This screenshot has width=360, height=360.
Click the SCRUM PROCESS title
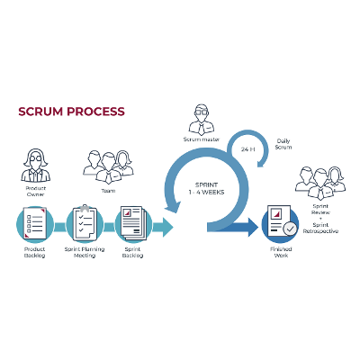(x=71, y=112)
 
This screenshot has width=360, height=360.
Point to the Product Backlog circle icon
(x=35, y=222)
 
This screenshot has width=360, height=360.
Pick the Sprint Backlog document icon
(x=134, y=222)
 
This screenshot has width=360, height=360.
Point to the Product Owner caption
(x=35, y=193)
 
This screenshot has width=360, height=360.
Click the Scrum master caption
(x=201, y=139)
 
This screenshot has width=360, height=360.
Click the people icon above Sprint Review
(x=320, y=183)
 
